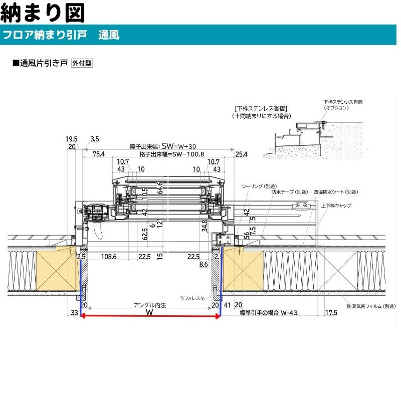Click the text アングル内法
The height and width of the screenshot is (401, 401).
tap(150, 305)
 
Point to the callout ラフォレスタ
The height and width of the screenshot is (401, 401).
tap(192, 298)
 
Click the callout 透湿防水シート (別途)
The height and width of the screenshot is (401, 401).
tap(336, 192)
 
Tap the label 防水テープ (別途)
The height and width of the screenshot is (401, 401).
tap(290, 192)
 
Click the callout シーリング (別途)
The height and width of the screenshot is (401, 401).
tap(259, 185)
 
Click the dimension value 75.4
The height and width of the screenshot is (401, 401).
tap(98, 154)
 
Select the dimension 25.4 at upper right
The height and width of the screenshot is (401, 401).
tap(242, 154)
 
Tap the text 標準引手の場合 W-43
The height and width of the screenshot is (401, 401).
tap(270, 312)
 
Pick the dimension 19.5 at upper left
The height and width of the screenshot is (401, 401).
tap(71, 138)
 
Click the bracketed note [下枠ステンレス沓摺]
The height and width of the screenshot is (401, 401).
tap(261, 108)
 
